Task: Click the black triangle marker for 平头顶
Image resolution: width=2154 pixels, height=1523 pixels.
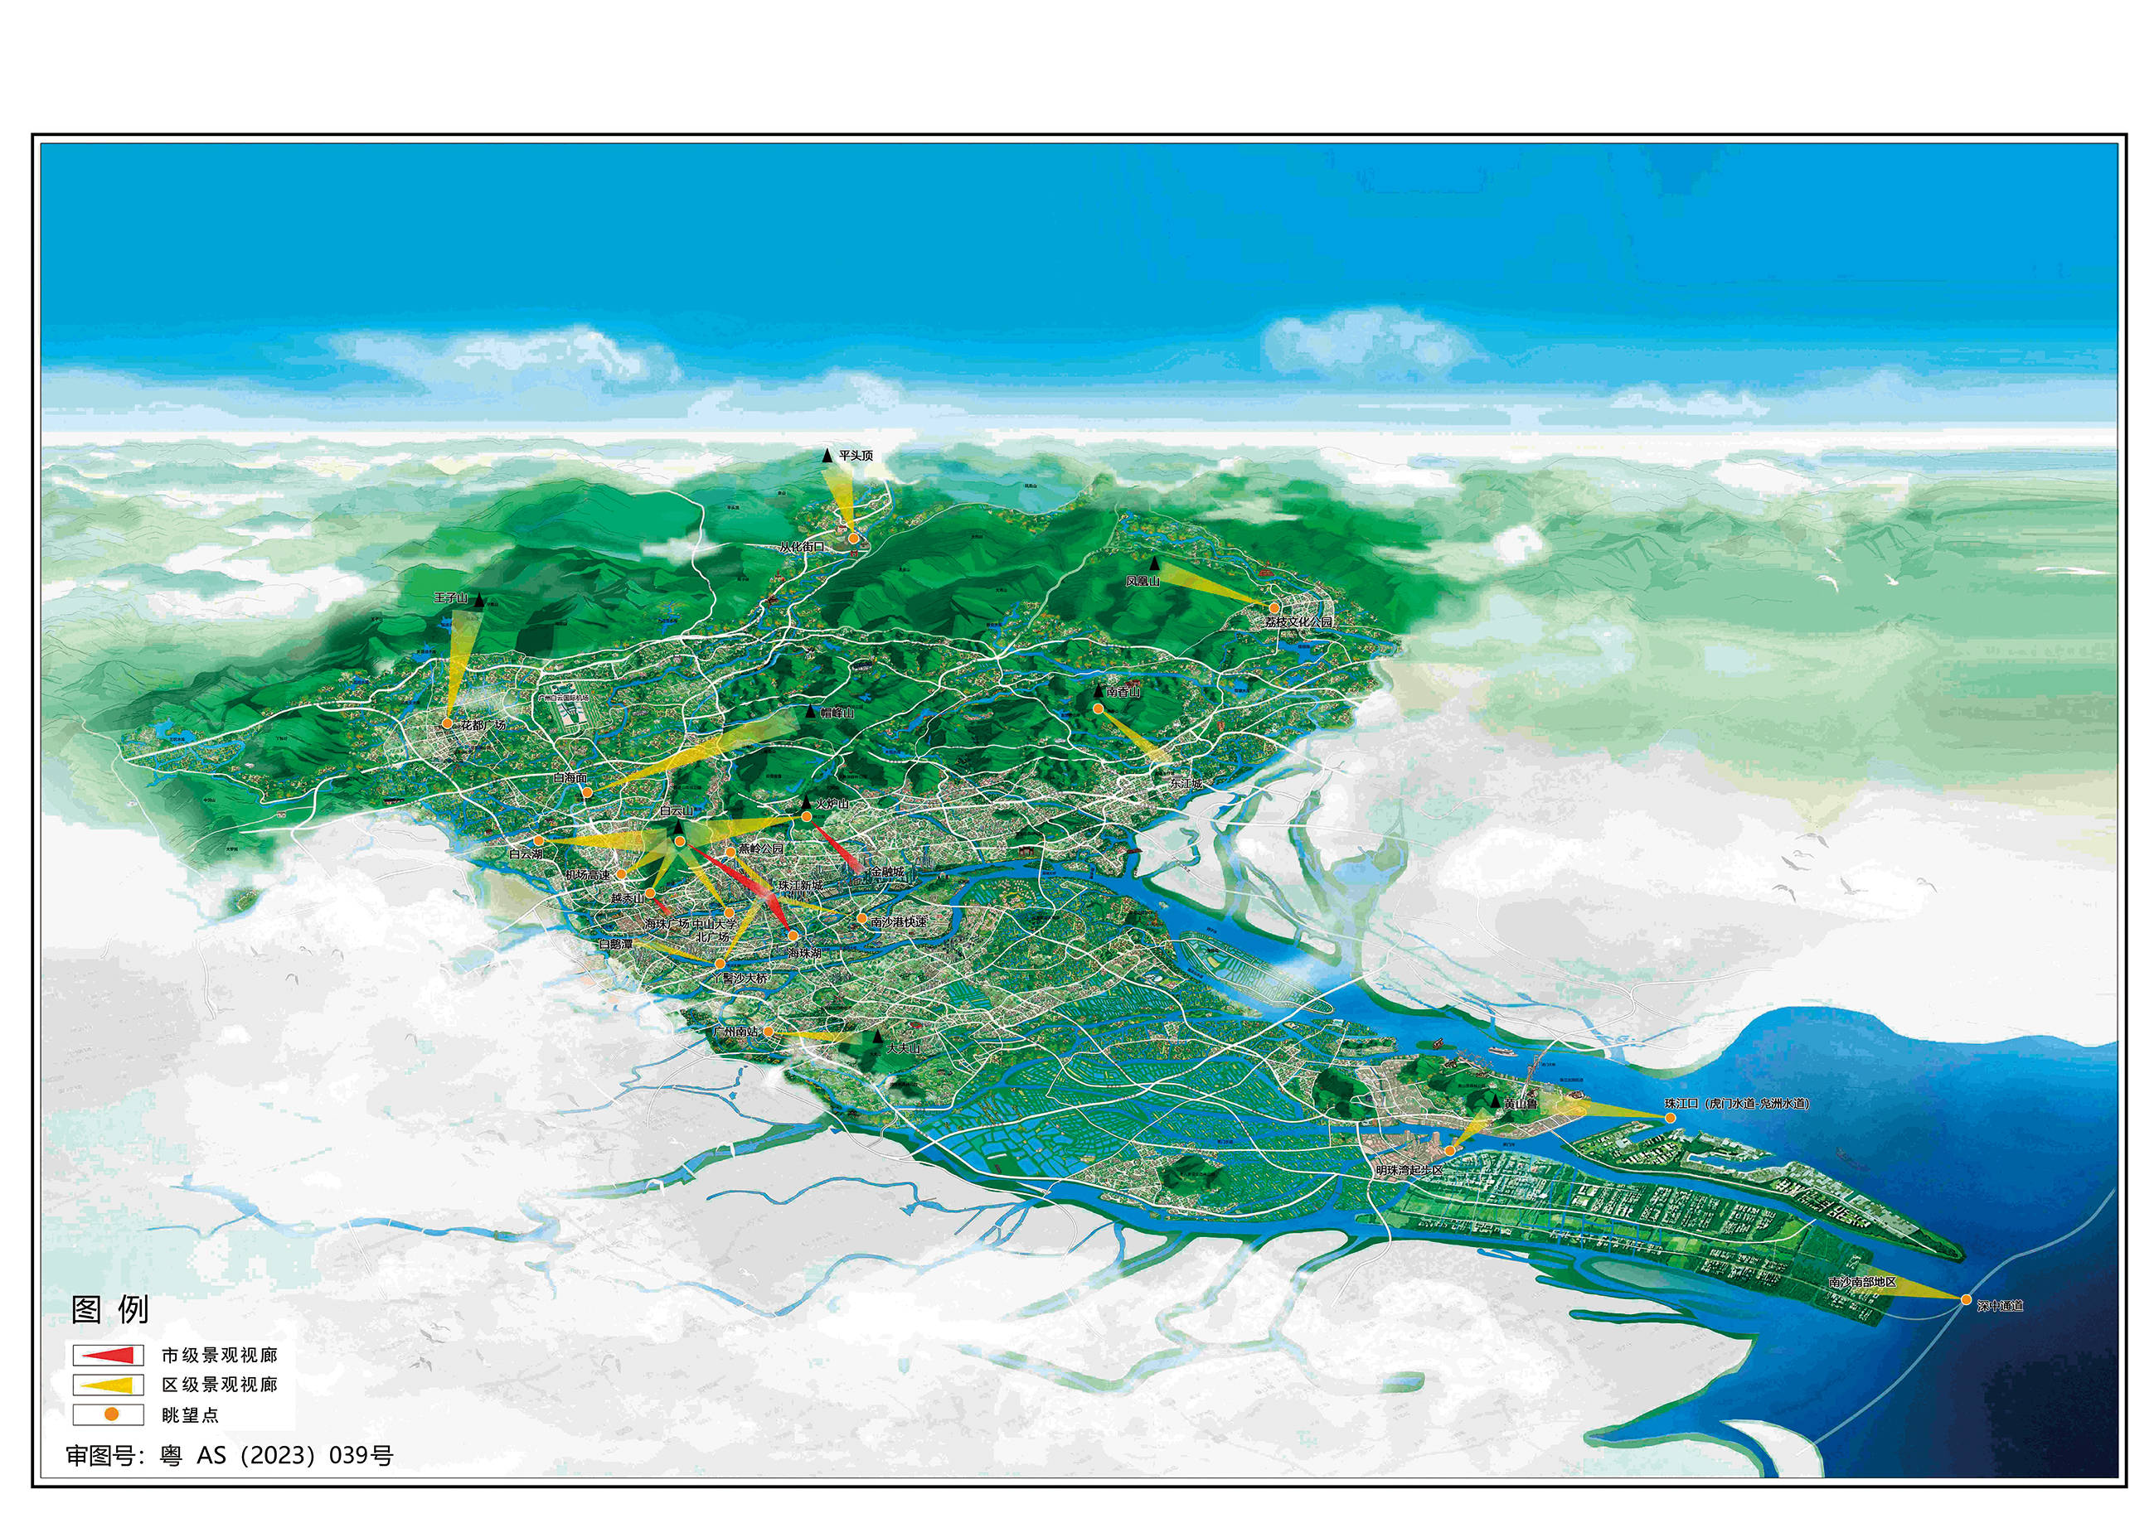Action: click(827, 456)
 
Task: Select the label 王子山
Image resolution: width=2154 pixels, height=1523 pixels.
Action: click(451, 597)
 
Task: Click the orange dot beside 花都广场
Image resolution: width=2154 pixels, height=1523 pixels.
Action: click(448, 724)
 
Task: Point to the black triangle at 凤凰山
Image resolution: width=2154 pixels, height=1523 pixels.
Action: click(1155, 564)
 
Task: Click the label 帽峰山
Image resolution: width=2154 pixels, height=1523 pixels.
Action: click(837, 713)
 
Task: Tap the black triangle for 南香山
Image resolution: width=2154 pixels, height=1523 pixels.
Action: click(1099, 690)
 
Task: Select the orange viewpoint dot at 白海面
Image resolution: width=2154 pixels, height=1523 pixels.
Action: click(587, 792)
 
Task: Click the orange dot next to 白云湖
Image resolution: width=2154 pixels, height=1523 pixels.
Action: click(539, 841)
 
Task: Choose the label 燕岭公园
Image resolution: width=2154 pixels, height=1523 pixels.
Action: click(760, 849)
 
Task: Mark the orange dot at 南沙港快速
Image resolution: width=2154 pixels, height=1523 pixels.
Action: click(862, 918)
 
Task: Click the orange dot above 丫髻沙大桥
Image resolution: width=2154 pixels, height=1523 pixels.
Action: click(720, 963)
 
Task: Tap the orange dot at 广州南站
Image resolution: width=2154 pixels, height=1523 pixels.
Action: click(769, 1032)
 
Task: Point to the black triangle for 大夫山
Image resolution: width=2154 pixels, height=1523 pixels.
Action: click(877, 1037)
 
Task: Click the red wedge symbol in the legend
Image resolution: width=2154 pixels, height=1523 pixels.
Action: click(108, 1355)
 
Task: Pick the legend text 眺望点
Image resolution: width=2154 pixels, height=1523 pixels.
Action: click(191, 1414)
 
